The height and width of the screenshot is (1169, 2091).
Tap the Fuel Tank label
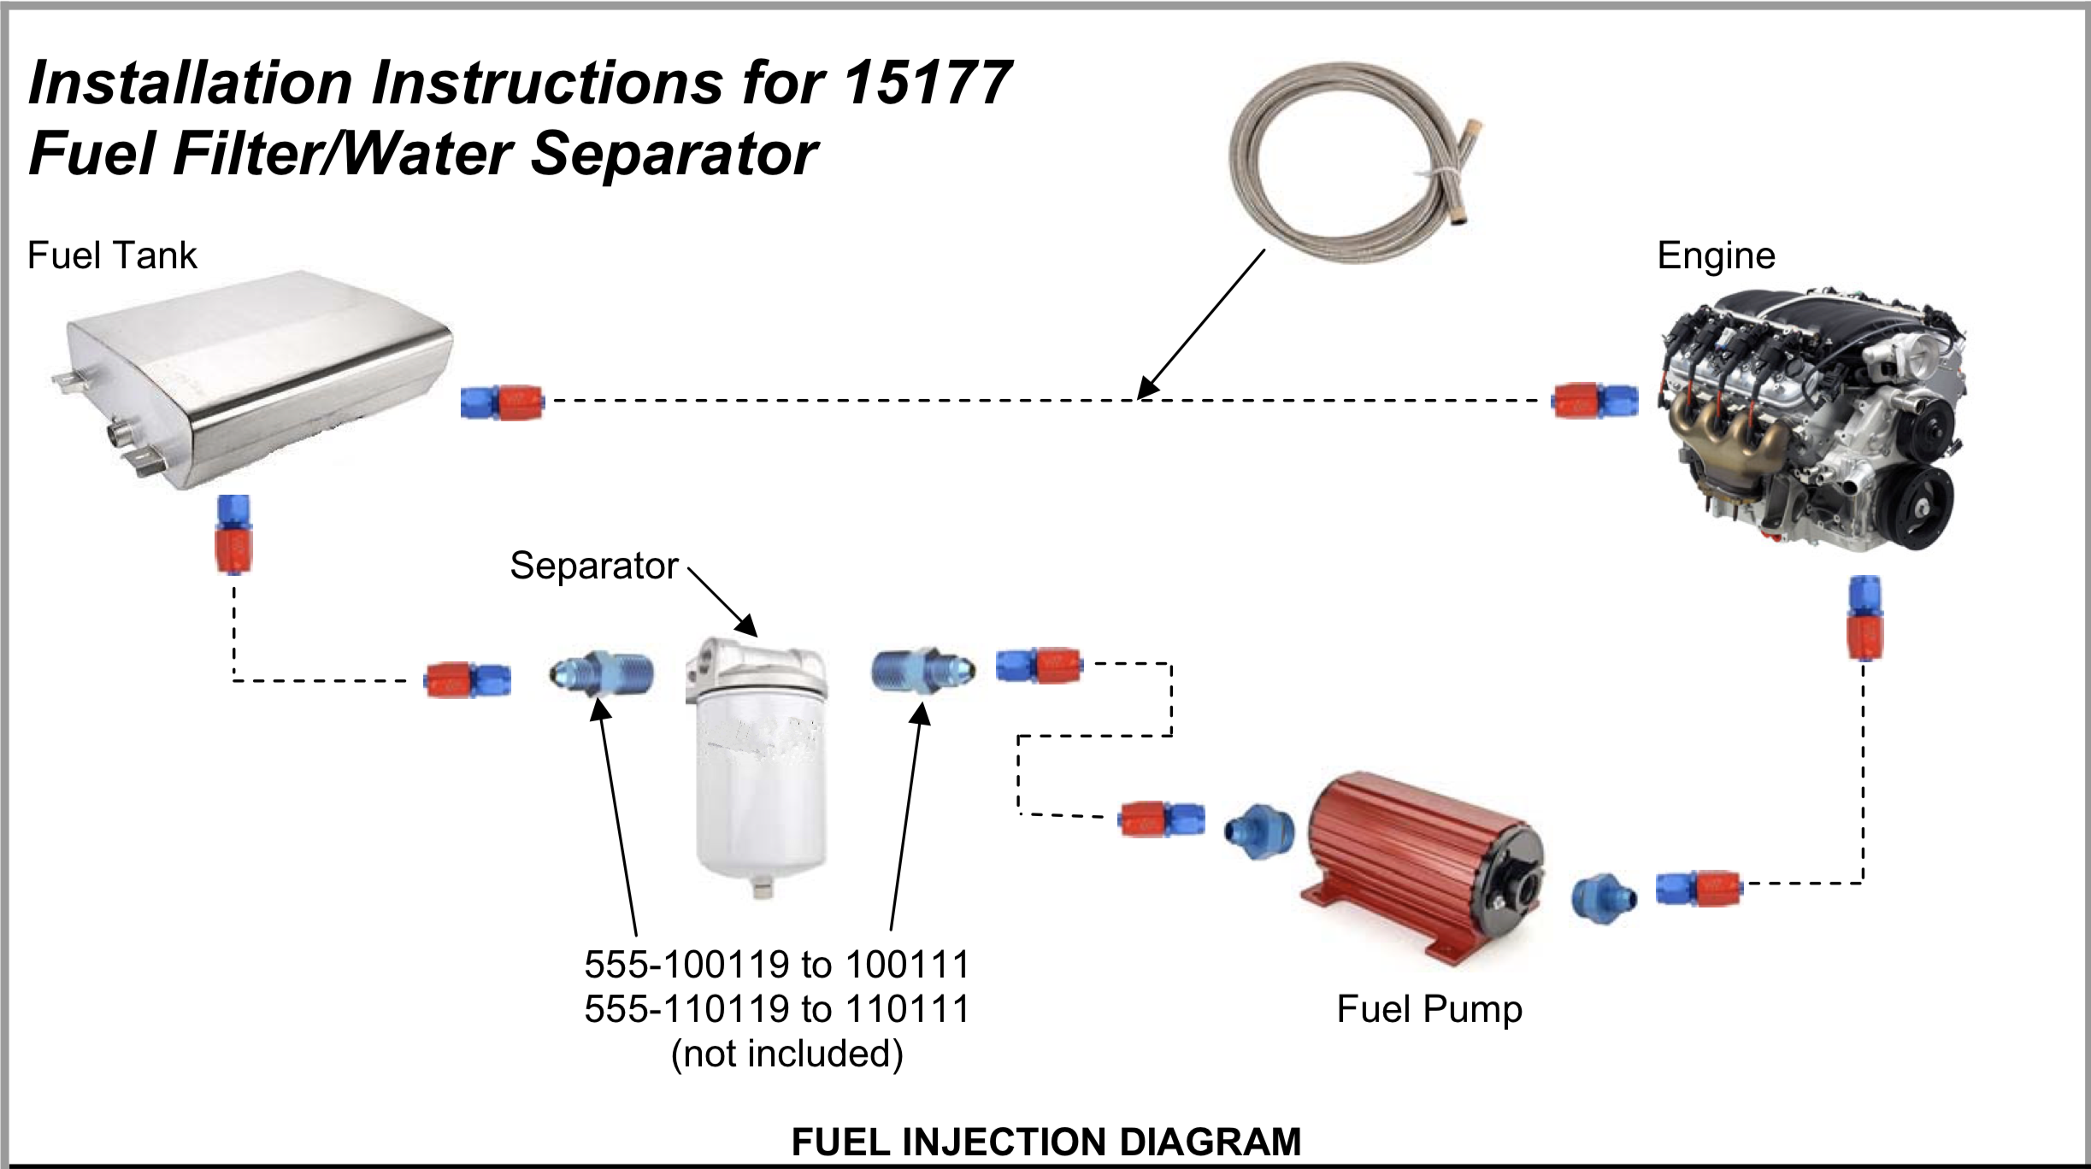pos(112,256)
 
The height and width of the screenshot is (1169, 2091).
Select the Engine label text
pos(1716,256)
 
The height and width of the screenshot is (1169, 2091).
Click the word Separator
pos(594,566)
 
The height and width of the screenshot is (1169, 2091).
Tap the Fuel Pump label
pos(1429,1009)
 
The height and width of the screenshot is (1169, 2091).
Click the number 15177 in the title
pos(928,83)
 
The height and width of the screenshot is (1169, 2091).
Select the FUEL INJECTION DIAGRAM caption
pos(1045,1142)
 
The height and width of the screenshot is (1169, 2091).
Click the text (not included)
pos(786,1054)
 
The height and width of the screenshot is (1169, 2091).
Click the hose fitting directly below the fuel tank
pos(233,534)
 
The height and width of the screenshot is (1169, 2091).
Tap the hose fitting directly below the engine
pos(1864,618)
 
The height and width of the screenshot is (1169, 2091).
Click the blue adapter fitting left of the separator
pos(602,674)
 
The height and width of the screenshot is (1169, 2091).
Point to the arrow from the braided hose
pos(1201,325)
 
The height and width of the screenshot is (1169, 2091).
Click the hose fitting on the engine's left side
pos(1595,401)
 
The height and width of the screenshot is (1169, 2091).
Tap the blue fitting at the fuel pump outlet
pos(1604,897)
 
